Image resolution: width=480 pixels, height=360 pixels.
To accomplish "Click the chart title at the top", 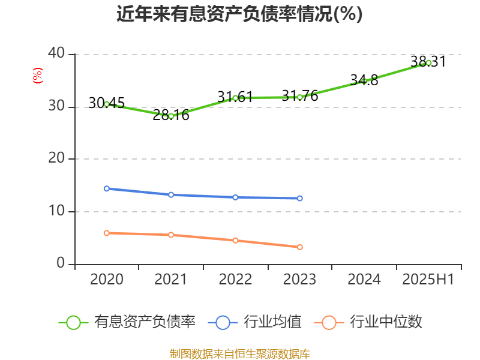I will coord(239,14).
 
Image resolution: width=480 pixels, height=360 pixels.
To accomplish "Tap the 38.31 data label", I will coord(428,61).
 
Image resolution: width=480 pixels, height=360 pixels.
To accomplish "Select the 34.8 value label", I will coord(364,80).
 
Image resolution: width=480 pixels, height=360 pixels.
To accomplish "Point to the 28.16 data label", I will coord(171,115).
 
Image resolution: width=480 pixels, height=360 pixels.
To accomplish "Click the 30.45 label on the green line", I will coord(106,103).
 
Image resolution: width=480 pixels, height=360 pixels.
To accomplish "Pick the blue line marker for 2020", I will coord(107,188).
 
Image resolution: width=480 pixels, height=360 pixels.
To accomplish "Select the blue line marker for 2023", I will coord(300,198).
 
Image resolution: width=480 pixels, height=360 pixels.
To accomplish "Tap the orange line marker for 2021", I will coord(171,235).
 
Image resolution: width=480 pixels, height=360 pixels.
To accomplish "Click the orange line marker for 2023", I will coord(300,247).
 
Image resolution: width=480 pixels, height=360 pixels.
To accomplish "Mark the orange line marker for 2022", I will coord(235,241).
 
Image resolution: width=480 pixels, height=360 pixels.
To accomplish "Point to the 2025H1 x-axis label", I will coord(428,280).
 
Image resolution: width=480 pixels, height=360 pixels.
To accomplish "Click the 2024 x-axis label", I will coord(364,280).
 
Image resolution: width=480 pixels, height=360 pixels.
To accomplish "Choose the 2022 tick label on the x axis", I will coord(235,280).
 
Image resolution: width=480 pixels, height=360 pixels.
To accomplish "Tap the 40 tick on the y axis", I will coord(57,53).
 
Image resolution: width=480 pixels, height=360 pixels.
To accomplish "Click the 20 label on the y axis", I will coord(57,158).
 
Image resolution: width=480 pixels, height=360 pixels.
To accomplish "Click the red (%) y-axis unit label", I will coord(37,76).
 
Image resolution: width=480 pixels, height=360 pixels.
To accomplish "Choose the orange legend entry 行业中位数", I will coord(372,322).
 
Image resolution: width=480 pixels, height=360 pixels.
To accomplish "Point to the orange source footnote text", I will coord(239,353).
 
